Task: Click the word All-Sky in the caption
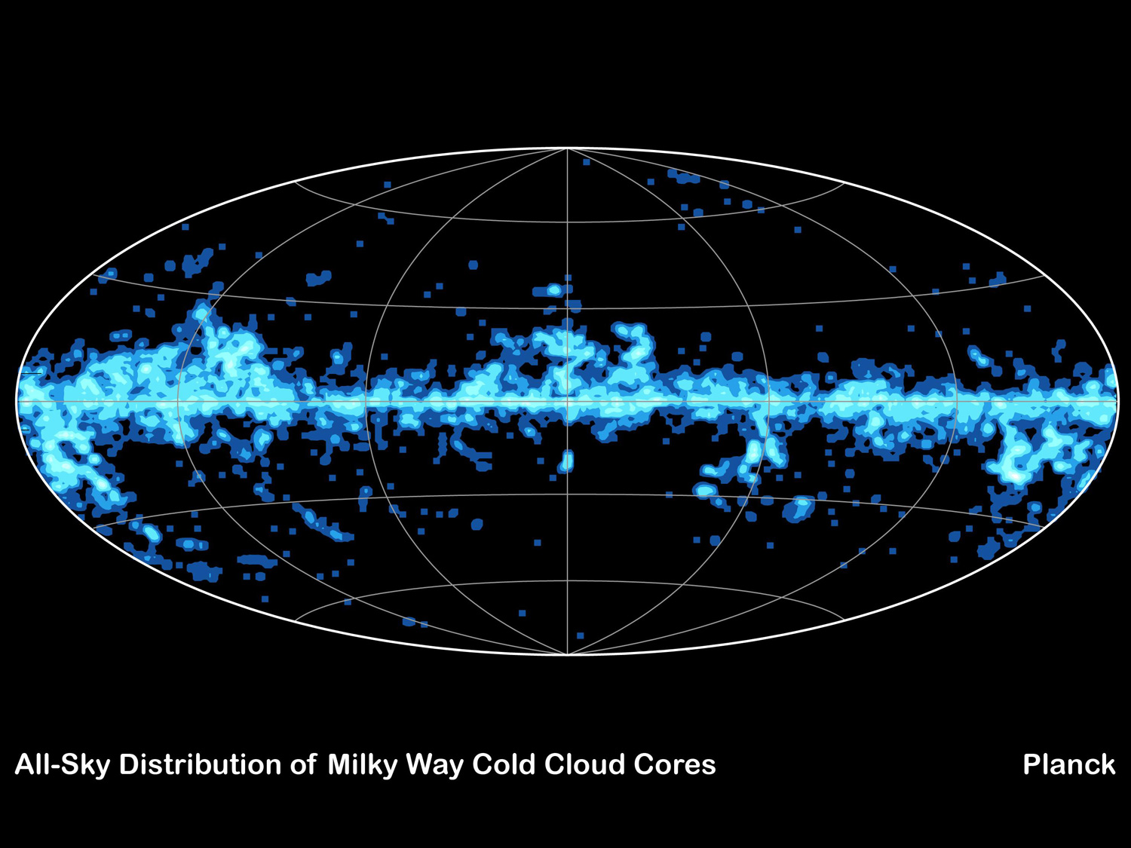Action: (62, 765)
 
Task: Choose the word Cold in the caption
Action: (504, 765)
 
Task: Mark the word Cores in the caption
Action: (675, 765)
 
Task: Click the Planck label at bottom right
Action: (1068, 765)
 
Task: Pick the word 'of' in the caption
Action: (304, 765)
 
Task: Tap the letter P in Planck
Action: (1031, 765)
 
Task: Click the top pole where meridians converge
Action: (567, 149)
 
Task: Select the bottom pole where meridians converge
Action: (567, 654)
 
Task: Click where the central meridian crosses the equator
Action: (567, 402)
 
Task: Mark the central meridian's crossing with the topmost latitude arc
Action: (567, 222)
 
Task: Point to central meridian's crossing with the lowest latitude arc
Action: (567, 581)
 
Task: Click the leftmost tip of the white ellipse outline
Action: (17, 402)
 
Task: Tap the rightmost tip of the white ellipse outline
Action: (1118, 402)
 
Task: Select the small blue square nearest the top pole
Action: (586, 162)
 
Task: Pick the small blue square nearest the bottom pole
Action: (580, 635)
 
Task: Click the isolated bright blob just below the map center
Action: (567, 460)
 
